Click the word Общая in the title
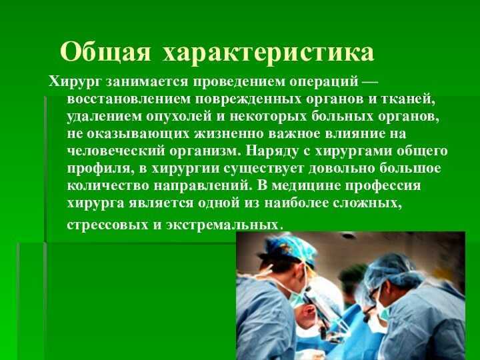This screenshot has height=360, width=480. click(105, 52)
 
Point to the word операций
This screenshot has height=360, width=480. click(324, 83)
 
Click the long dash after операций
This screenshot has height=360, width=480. click(370, 82)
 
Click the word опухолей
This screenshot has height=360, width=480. click(179, 117)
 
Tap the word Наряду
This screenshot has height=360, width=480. click(272, 151)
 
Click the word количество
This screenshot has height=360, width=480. click(107, 186)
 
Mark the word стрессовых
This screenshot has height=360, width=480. click(107, 225)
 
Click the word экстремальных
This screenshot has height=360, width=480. click(223, 225)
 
